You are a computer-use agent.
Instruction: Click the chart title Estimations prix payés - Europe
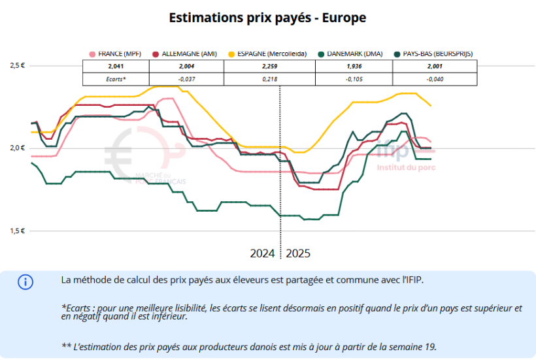[267, 18]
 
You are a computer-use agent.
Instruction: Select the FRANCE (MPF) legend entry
[118, 54]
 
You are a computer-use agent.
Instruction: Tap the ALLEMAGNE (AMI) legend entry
[187, 54]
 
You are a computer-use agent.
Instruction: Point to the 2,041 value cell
[115, 67]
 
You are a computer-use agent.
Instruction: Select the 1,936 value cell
[355, 67]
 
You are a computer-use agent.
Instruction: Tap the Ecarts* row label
[115, 79]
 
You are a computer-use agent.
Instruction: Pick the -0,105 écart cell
[355, 79]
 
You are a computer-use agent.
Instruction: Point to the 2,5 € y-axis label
[16, 65]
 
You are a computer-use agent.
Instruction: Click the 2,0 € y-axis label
[16, 148]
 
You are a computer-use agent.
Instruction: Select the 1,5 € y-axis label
[16, 231]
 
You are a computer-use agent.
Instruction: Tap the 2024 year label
[262, 253]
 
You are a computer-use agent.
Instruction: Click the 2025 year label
[298, 253]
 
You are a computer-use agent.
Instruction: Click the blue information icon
[25, 282]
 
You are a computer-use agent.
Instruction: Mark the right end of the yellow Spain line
[431, 105]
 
